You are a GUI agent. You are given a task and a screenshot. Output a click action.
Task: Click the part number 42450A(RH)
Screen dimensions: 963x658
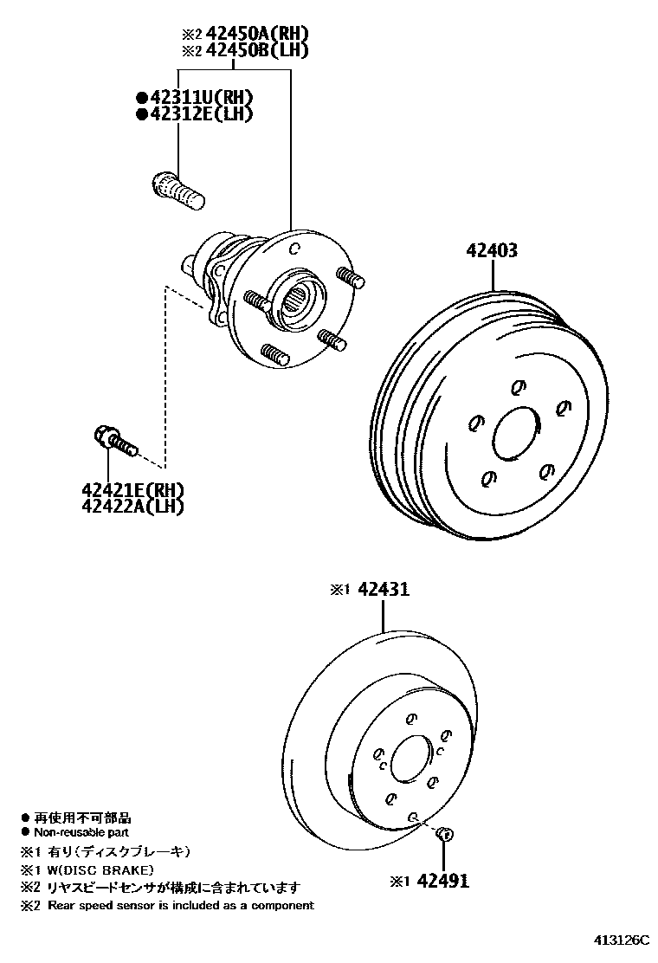click(256, 34)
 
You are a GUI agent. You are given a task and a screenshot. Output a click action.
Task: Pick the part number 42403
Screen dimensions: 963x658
click(492, 251)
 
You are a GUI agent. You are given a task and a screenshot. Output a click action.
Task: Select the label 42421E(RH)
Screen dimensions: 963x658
click(133, 491)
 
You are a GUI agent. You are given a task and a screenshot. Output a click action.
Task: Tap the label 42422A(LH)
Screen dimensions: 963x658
click(133, 507)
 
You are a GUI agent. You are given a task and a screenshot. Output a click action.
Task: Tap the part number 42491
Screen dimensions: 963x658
click(442, 881)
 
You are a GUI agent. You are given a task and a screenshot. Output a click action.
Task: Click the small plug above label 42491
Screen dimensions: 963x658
click(443, 834)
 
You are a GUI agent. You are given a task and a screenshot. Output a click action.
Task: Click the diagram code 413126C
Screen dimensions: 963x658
click(621, 940)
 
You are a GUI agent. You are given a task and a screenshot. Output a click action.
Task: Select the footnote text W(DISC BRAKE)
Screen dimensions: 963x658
click(100, 869)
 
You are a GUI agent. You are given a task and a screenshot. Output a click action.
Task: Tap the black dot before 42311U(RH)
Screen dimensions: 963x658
click(140, 96)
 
